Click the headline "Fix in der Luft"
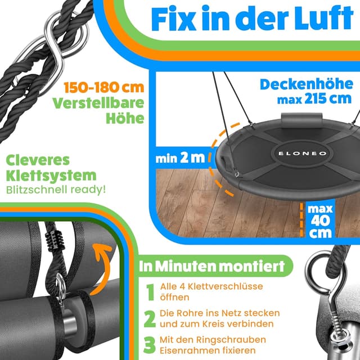tap(251, 19)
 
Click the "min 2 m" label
tap(179, 158)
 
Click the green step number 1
tap(150, 292)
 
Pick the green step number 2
tap(149, 319)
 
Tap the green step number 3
tap(149, 345)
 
